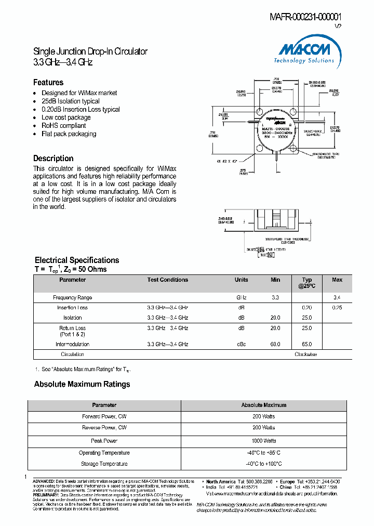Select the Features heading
(48, 82)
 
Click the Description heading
(54, 159)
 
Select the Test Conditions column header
(168, 280)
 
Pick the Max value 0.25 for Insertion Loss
(337, 308)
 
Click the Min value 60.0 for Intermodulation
(275, 344)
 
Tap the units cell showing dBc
(242, 344)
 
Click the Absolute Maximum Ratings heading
(82, 385)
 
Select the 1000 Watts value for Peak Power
(264, 441)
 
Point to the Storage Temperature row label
(104, 464)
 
